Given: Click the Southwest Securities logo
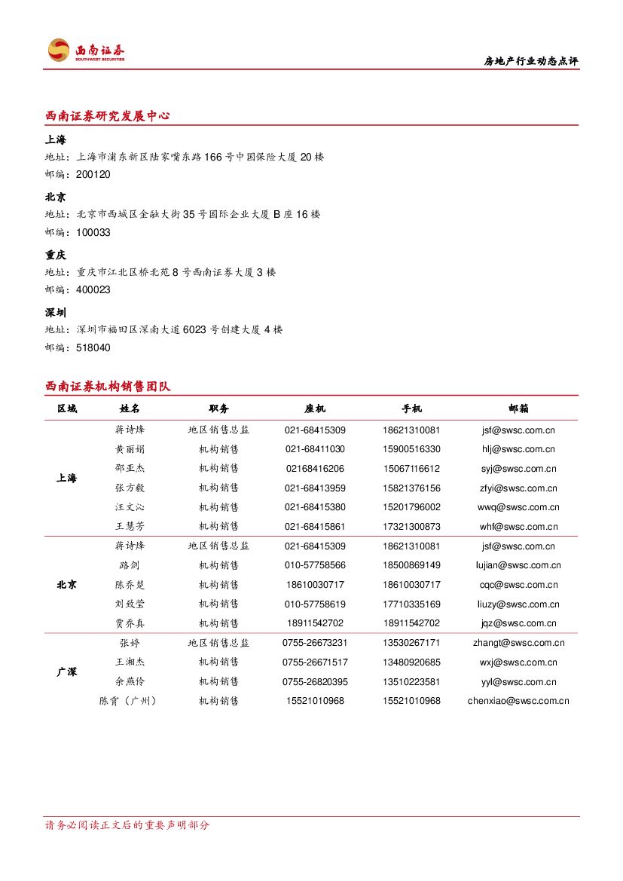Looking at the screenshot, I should pos(85,50).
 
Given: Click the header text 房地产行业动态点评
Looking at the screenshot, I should pos(530,62).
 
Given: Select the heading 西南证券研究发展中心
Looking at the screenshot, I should pos(107,116).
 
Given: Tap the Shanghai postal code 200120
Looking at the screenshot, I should pos(93,174).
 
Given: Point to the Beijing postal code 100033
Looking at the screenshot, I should pos(93,232).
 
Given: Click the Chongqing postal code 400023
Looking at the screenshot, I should pos(93,289).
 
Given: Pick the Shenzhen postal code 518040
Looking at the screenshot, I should pos(93,347).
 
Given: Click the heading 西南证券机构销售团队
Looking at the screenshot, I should pos(108,387).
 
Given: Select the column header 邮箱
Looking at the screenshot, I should pos(518,408).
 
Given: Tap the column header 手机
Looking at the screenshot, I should pos(411,408).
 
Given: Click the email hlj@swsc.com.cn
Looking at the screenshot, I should pos(518,449).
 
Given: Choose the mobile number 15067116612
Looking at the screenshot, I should pos(411,469).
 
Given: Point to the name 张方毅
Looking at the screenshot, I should pos(130,488).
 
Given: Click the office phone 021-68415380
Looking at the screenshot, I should pos(315,507).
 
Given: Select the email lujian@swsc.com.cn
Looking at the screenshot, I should pos(518,565).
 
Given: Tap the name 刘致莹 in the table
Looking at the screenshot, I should pos(130,604).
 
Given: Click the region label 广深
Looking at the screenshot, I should pos(67,671).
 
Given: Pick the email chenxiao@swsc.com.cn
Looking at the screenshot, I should pos(518,701).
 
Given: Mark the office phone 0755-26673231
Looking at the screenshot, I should pos(315,643).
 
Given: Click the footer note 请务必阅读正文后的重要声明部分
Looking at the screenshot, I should pos(127,825).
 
